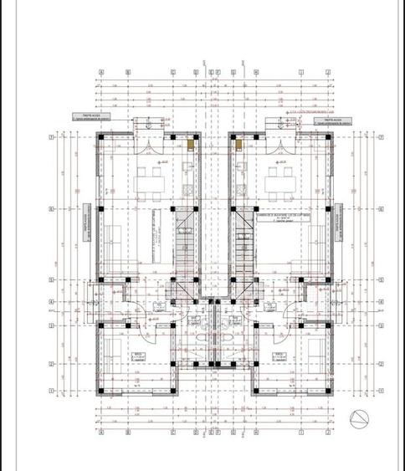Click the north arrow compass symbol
click(x=359, y=416)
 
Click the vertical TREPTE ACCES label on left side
click(x=85, y=227)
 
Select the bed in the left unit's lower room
click(x=112, y=351)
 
